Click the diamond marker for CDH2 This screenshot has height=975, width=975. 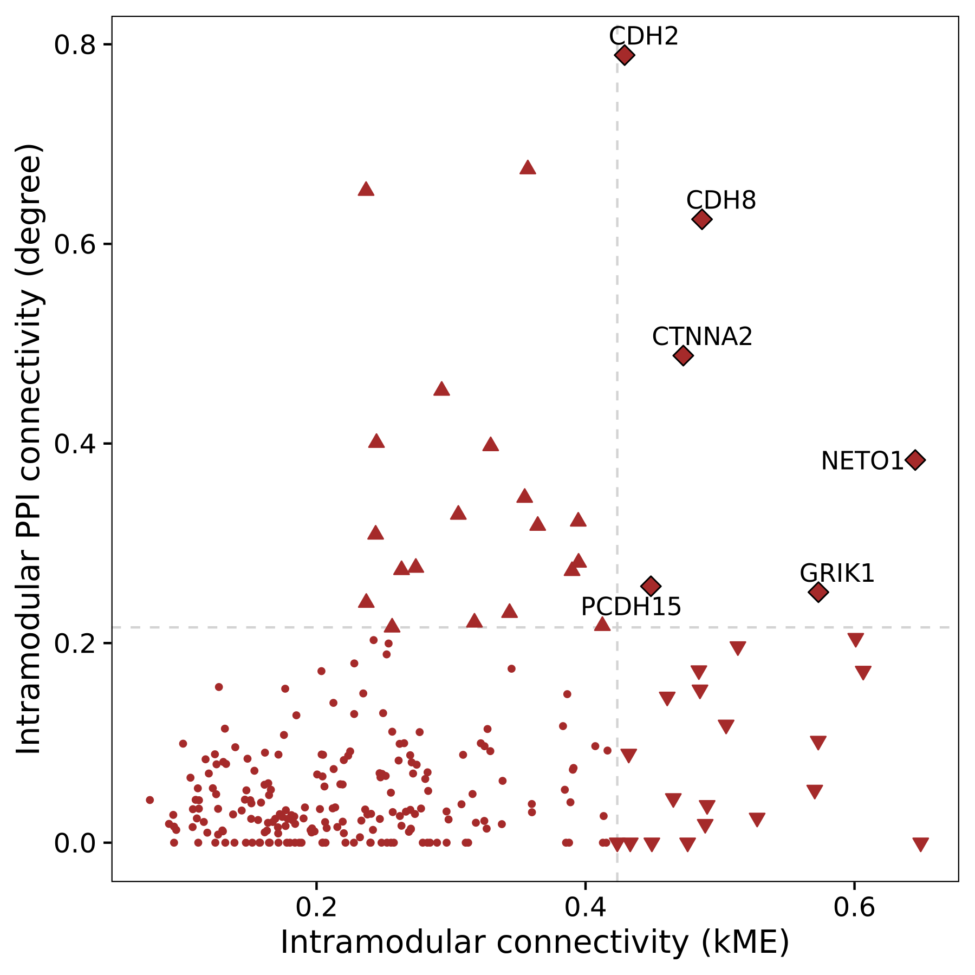tap(624, 55)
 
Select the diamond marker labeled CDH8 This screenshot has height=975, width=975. tap(701, 219)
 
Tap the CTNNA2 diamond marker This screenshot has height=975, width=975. tap(683, 355)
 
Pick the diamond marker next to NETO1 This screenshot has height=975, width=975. tap(915, 460)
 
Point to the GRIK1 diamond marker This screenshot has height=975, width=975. tap(818, 592)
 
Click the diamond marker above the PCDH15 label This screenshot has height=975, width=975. tap(651, 586)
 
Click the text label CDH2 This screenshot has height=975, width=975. tap(643, 36)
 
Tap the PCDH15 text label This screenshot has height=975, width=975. tap(631, 607)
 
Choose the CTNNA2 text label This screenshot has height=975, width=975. tap(702, 336)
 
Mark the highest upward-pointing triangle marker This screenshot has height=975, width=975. tap(528, 168)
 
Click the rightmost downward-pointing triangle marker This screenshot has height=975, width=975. tap(921, 844)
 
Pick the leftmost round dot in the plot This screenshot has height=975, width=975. tap(150, 800)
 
